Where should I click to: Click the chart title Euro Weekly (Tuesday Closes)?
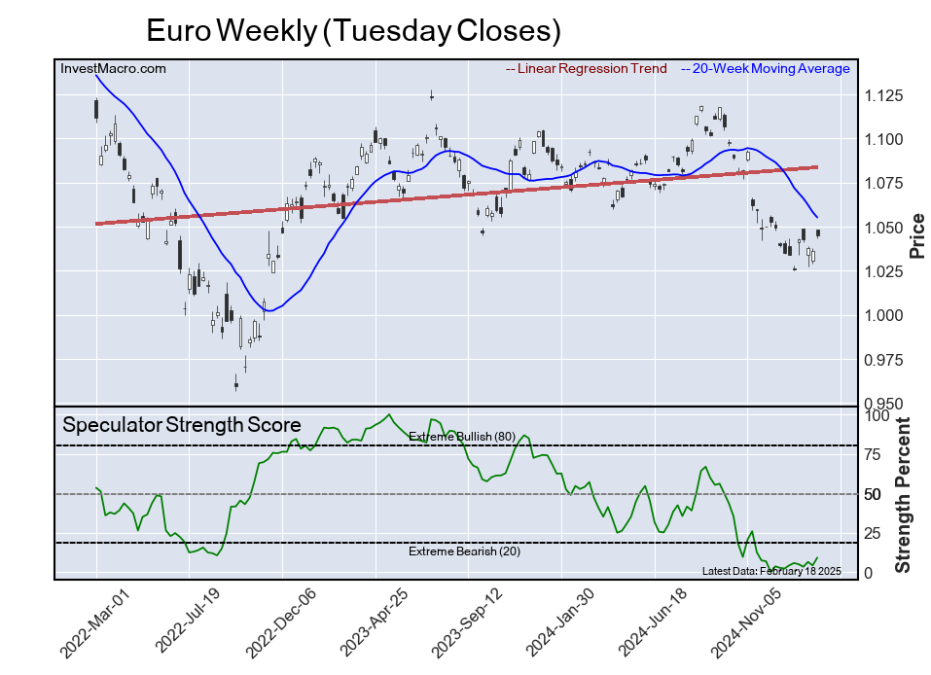[x=354, y=31]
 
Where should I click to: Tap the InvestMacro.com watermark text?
[x=113, y=69]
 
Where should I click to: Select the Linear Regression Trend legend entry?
[x=587, y=69]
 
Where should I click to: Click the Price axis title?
[x=915, y=234]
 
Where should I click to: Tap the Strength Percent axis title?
[x=903, y=494]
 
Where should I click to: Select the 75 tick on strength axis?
[x=874, y=454]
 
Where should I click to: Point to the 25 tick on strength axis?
[x=874, y=533]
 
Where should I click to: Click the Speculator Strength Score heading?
[x=182, y=425]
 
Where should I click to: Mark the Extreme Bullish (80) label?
[x=461, y=437]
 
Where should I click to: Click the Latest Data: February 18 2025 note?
[x=771, y=570]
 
